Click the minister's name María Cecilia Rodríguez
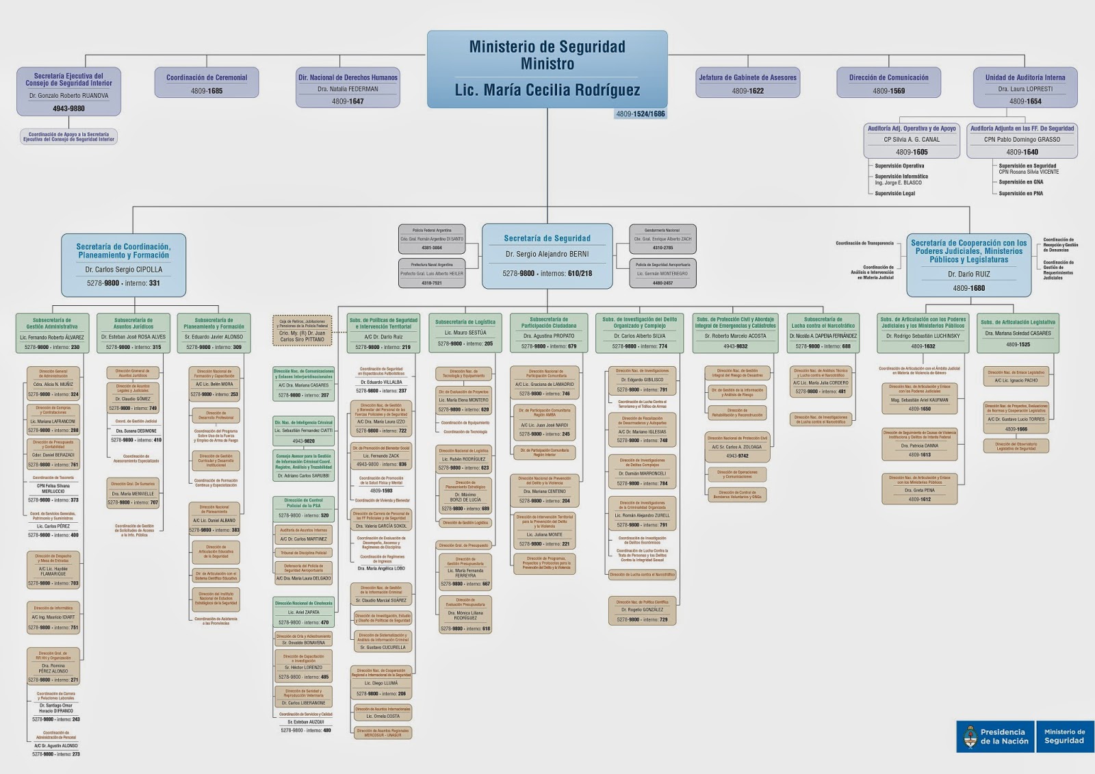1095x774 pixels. tap(547, 90)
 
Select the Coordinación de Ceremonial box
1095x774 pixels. tap(207, 84)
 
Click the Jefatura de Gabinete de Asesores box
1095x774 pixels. tap(747, 84)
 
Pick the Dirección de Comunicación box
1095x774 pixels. tap(888, 84)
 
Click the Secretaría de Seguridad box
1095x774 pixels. tap(547, 255)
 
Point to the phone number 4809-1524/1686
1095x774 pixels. tap(640, 114)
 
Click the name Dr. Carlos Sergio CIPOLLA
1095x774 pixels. tap(124, 270)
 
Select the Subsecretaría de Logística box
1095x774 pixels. tap(465, 333)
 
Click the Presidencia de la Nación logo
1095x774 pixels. tap(996, 736)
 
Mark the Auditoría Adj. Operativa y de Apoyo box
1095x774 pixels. tap(912, 140)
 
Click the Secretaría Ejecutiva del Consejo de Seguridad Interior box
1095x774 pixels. tap(68, 91)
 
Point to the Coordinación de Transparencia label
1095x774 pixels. tap(864, 243)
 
